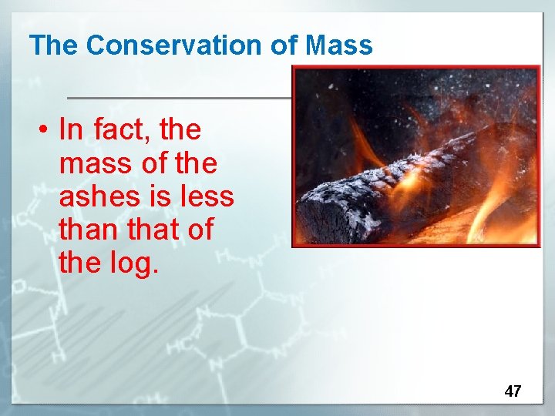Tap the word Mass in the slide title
pyautogui.click(x=339, y=45)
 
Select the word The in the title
pyautogui.click(x=54, y=45)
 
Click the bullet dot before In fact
pyautogui.click(x=45, y=131)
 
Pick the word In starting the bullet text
pyautogui.click(x=70, y=130)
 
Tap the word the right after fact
pyautogui.click(x=180, y=130)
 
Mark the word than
pyautogui.click(x=86, y=230)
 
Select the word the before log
pyautogui.click(x=79, y=263)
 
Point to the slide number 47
pyautogui.click(x=513, y=391)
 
